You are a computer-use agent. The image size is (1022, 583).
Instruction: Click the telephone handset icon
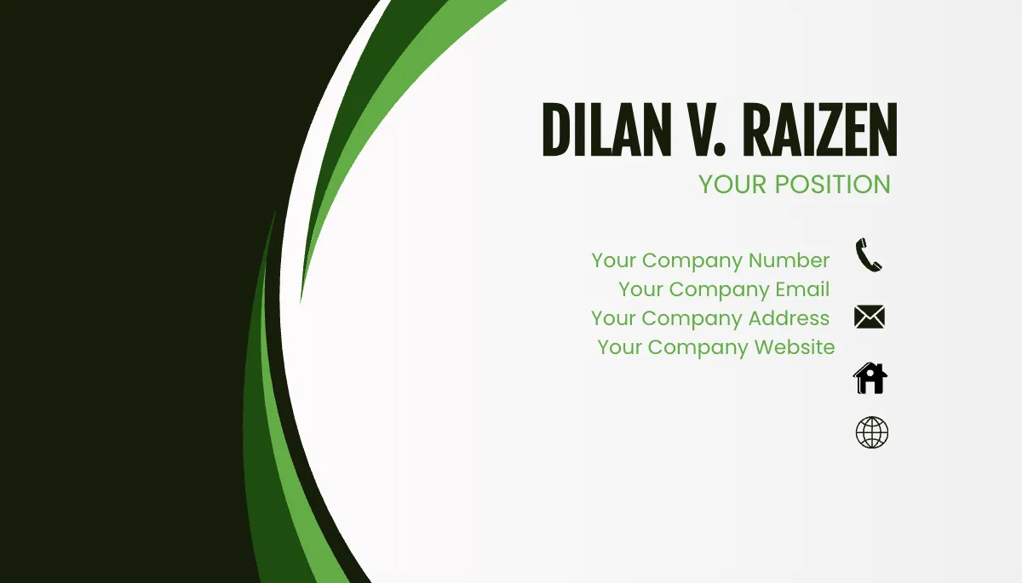pyautogui.click(x=869, y=254)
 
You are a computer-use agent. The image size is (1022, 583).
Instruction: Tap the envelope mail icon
pyautogui.click(x=870, y=317)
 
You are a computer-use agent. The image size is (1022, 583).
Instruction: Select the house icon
pyautogui.click(x=870, y=377)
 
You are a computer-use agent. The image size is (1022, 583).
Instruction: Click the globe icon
pyautogui.click(x=871, y=432)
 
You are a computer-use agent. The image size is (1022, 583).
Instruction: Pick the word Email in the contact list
pyautogui.click(x=802, y=289)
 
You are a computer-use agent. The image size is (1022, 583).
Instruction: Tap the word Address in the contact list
pyautogui.click(x=789, y=318)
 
